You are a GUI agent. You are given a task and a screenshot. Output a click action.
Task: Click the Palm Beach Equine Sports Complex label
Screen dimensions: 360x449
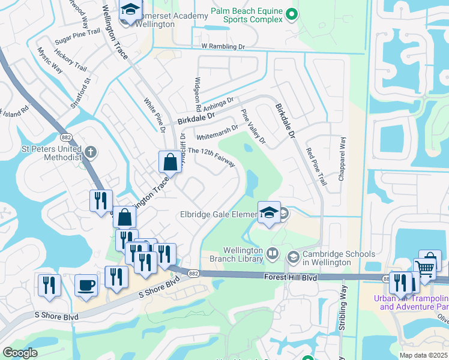pos(246,15)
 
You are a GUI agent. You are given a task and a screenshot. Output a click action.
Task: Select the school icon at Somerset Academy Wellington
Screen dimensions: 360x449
pos(129,11)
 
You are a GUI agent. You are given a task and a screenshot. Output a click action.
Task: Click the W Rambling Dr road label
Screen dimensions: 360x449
pos(223,46)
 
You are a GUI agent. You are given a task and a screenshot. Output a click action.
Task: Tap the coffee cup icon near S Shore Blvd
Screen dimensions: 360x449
pos(85,284)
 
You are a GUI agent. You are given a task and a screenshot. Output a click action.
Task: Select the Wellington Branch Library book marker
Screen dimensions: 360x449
pos(273,254)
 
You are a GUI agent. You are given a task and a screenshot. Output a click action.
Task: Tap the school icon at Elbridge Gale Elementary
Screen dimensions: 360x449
pos(268,212)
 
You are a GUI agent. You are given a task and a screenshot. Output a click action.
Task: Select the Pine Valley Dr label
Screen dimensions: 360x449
pos(253,127)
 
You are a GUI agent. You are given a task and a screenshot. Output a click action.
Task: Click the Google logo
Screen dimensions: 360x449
pos(20,353)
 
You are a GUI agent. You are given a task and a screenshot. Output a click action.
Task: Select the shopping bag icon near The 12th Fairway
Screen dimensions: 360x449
pos(170,161)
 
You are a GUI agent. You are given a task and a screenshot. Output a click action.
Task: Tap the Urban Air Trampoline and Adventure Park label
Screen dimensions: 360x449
pos(411,302)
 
